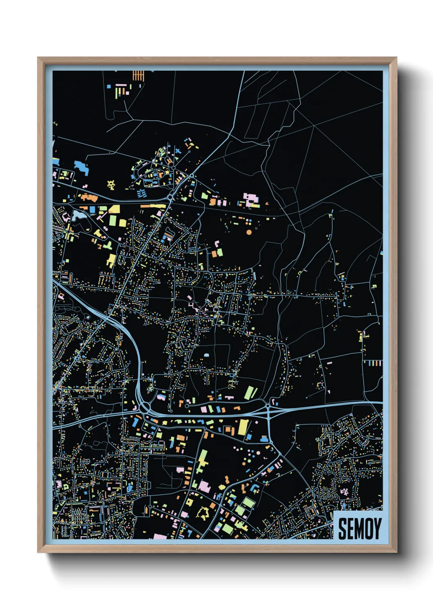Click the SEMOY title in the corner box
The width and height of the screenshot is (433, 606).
(x=359, y=528)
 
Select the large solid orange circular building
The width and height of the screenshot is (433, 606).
(x=249, y=232)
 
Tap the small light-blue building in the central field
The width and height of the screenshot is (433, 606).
(x=206, y=355)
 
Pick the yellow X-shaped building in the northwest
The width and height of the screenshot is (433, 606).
(x=111, y=185)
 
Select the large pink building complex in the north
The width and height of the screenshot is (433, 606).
(x=251, y=199)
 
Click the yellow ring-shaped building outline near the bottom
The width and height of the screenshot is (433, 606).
(x=202, y=512)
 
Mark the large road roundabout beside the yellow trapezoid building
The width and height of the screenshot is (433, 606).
(x=170, y=197)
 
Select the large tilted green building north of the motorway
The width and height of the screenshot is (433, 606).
(x=250, y=392)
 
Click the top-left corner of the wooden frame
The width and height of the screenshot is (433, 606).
(x=38, y=58)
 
